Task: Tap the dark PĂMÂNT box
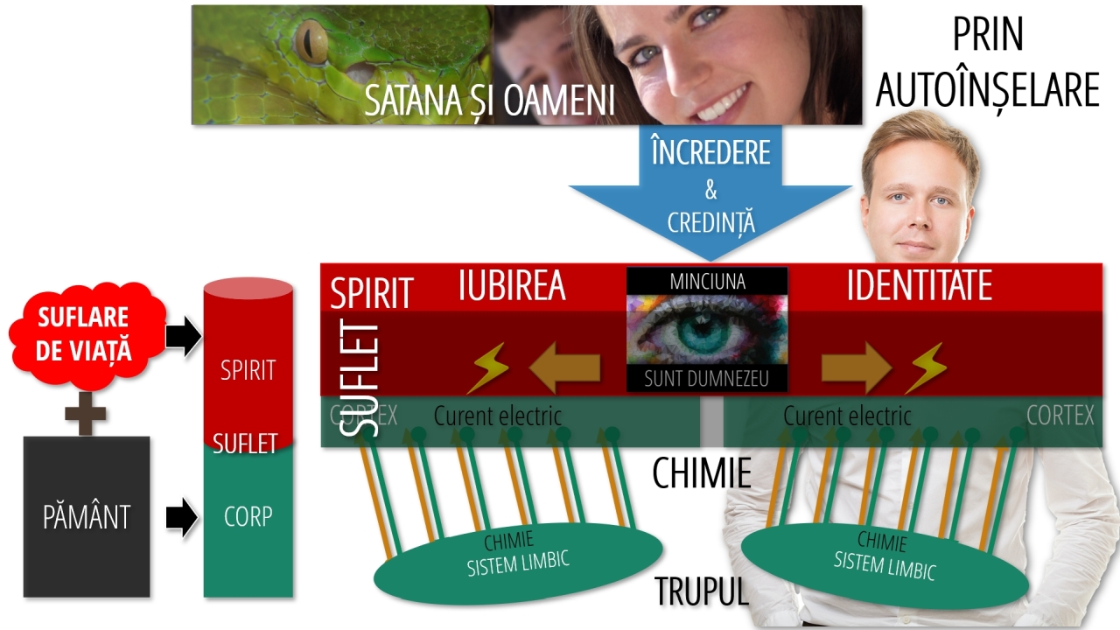(x=86, y=516)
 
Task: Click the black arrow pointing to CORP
(x=182, y=517)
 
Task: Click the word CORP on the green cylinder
(x=248, y=516)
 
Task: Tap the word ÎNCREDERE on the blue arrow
(x=710, y=152)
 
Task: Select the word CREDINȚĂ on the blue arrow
(x=710, y=222)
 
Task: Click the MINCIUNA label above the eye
(x=707, y=282)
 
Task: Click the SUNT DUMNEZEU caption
(x=707, y=379)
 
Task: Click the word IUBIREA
(x=512, y=286)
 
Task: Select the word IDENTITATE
(x=919, y=286)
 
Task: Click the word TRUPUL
(x=702, y=591)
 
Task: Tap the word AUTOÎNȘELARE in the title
(x=987, y=89)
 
